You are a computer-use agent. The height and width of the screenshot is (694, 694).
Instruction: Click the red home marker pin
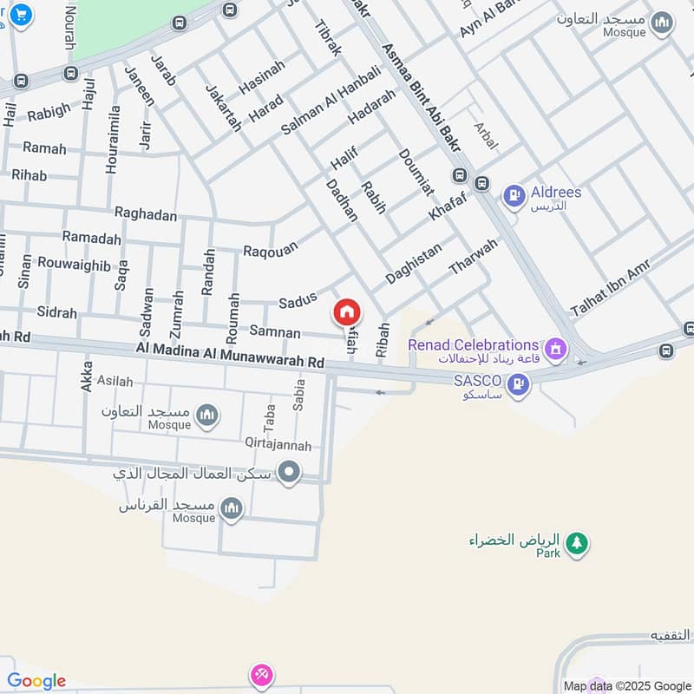coord(347,311)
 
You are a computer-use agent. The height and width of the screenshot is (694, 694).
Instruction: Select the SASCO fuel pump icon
coord(518,383)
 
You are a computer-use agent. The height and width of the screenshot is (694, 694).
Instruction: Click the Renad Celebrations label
coord(474,345)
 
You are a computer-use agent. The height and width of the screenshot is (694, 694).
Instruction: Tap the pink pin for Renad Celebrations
coord(556,350)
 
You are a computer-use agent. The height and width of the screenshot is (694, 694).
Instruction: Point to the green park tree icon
coord(575,544)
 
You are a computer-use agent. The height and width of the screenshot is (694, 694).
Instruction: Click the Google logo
coord(36,681)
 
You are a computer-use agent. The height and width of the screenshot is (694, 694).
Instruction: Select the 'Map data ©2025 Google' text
coord(625,685)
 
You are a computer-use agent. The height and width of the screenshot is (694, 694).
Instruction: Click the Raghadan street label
coord(145,214)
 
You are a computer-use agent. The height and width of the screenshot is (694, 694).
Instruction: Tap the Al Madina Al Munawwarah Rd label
coord(230,353)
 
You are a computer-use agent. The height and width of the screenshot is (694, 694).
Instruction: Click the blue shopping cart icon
coord(20,13)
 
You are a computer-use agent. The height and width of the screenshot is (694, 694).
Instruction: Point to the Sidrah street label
coord(56,312)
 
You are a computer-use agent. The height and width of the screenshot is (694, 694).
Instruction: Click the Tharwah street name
coord(474,258)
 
